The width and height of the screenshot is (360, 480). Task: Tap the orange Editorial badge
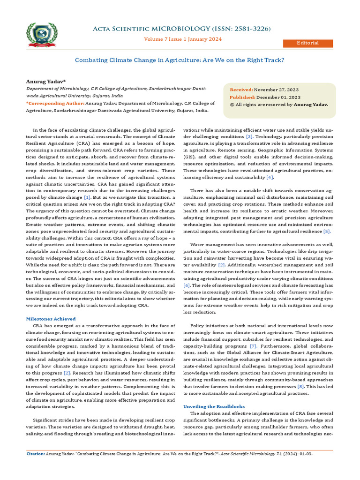tap(307, 43)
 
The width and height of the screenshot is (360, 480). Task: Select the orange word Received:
tap(241, 90)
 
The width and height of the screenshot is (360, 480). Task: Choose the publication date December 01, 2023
tap(278, 97)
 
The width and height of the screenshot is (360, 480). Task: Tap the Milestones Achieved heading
tap(50, 319)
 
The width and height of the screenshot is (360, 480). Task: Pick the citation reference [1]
tap(87, 198)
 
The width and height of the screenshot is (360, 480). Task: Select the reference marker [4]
tap(270, 177)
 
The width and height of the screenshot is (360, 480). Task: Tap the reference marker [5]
tap(327, 231)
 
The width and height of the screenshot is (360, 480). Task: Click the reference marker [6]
tap(186, 285)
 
